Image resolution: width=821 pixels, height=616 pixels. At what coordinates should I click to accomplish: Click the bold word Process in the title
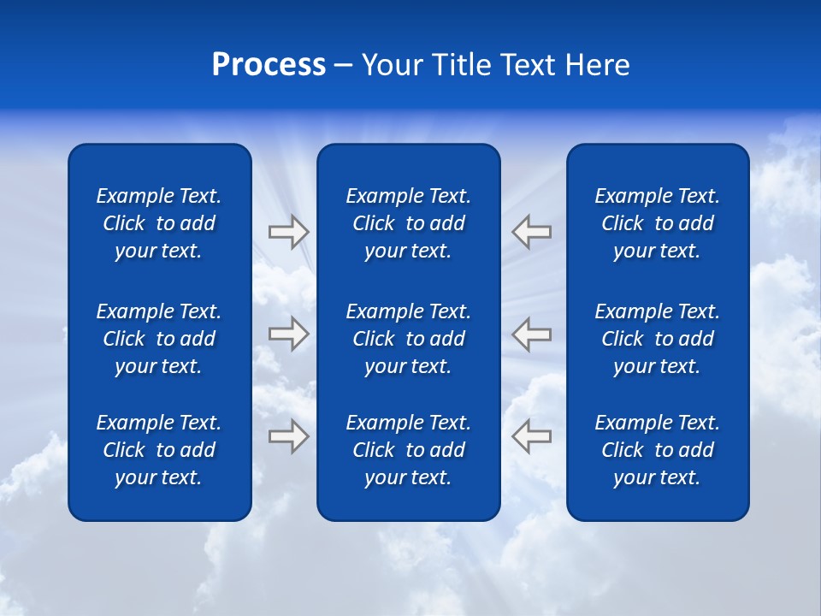[x=269, y=65]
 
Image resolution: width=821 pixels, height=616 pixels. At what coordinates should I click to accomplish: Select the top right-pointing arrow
[x=288, y=232]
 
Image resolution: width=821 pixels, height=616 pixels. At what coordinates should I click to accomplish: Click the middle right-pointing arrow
[x=288, y=333]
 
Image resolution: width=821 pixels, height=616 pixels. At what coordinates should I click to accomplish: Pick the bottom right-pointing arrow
[x=288, y=435]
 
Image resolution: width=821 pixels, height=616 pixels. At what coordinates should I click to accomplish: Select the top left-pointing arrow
[x=531, y=232]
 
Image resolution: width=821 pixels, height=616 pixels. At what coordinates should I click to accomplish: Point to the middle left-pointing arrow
[x=531, y=333]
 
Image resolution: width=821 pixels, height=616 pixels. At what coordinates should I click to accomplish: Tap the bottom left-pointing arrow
[x=531, y=435]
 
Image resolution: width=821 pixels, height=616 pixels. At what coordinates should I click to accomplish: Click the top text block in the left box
[x=159, y=223]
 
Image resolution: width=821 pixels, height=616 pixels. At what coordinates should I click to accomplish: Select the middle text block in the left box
[x=159, y=339]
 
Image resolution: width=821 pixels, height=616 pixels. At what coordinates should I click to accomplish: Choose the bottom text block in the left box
[x=159, y=450]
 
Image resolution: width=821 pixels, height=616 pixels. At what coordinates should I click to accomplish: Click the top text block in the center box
[x=408, y=223]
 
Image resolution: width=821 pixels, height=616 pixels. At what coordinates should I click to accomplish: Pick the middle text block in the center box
[x=408, y=339]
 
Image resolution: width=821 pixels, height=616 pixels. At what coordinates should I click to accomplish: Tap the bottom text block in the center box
[x=408, y=450]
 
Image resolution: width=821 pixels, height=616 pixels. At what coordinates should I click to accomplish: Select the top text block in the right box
[x=658, y=223]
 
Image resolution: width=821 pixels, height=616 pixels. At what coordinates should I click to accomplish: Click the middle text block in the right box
[x=658, y=339]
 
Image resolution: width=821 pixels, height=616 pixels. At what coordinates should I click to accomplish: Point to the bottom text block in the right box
[x=658, y=450]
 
